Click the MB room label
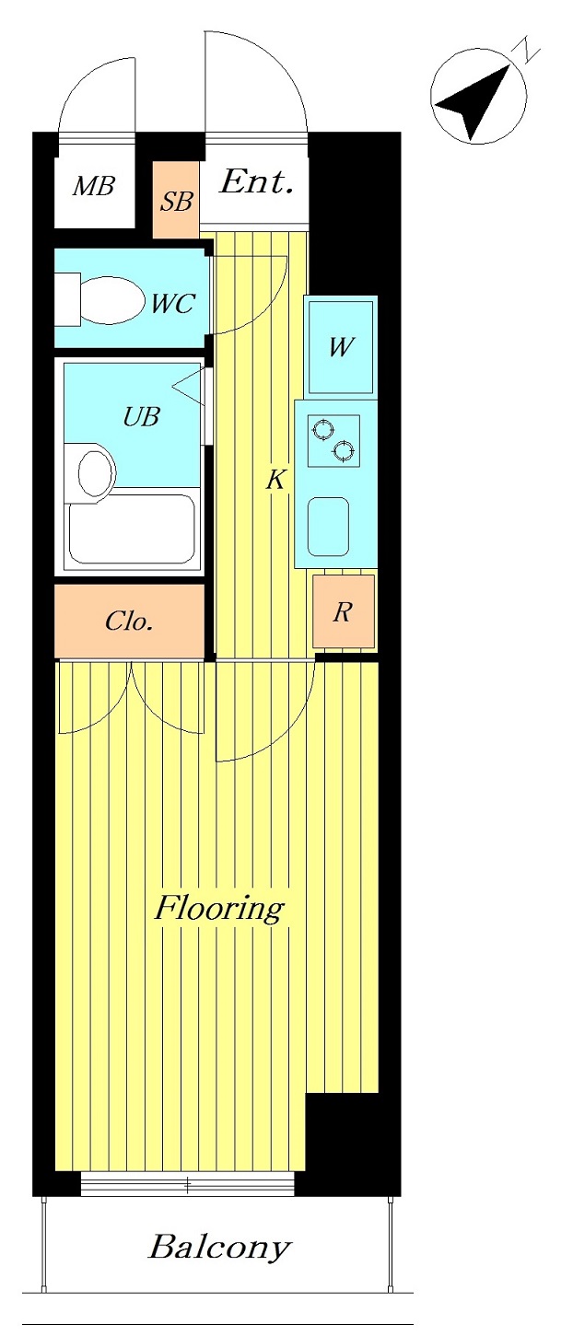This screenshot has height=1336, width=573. (x=94, y=187)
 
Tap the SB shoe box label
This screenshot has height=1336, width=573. (x=176, y=201)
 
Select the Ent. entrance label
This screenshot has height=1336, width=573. (x=257, y=182)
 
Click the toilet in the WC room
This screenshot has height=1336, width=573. (x=100, y=299)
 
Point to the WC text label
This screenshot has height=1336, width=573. (x=172, y=304)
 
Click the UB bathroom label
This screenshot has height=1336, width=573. (x=141, y=416)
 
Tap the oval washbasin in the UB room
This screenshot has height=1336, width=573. (x=96, y=472)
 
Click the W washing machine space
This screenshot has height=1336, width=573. (x=341, y=347)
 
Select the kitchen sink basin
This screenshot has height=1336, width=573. (x=328, y=526)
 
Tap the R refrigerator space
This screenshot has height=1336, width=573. (x=344, y=611)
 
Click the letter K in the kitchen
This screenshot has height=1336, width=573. (x=275, y=479)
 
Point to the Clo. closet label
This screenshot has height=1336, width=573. (x=129, y=622)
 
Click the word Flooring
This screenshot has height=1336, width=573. (x=219, y=909)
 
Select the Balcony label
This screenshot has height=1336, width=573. (x=219, y=1247)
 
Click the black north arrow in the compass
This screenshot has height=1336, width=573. (x=473, y=101)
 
